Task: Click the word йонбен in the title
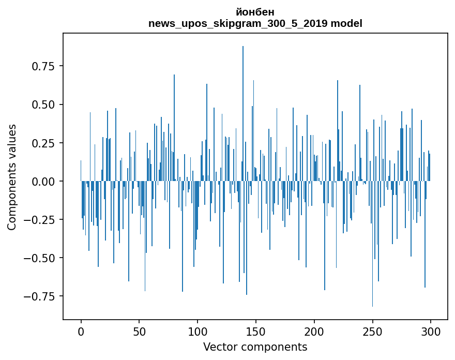[x=255, y=12]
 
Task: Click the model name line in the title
[x=255, y=23]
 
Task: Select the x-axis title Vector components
[x=255, y=347]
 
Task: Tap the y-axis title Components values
[x=12, y=177]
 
